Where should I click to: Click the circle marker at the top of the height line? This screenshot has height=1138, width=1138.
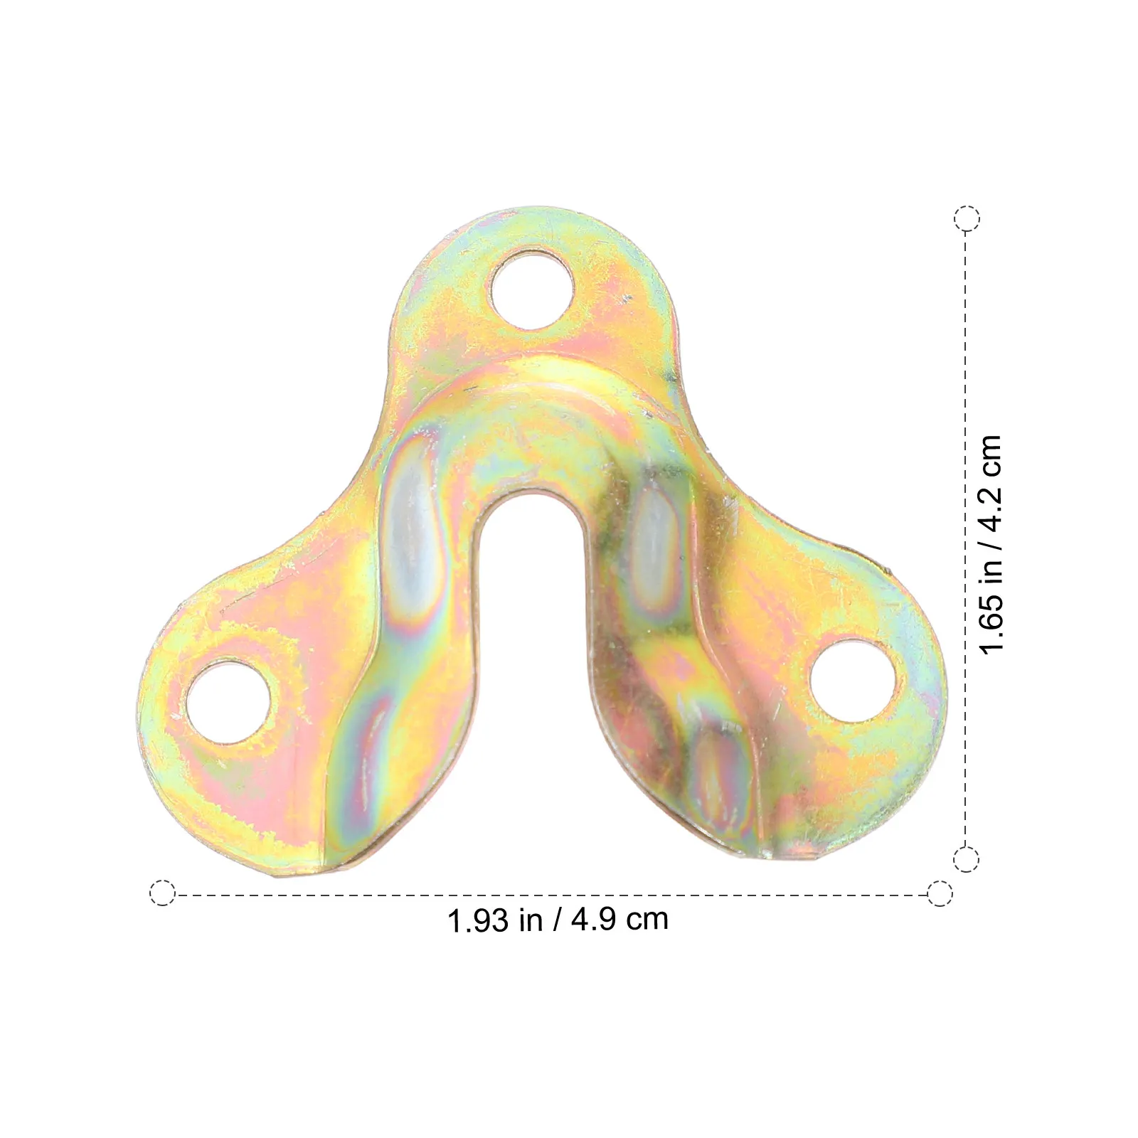click(x=967, y=218)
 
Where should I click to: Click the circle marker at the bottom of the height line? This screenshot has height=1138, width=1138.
click(x=965, y=859)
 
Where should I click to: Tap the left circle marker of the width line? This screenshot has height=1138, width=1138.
click(x=163, y=893)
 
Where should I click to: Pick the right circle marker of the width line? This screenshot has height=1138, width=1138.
click(x=940, y=893)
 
